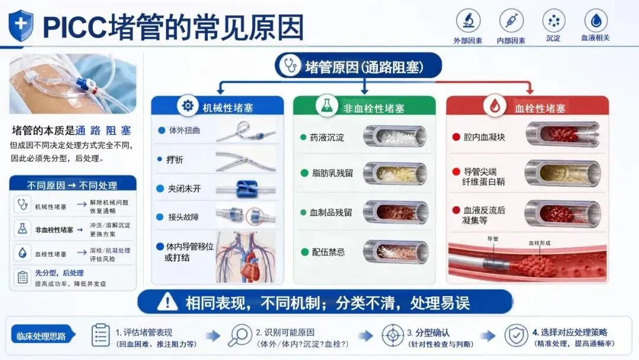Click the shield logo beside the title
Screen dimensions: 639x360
pos(21,25)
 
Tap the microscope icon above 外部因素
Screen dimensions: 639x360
pos(468,20)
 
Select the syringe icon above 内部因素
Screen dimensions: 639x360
pos(511,20)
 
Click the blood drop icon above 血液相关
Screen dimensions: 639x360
pos(596,20)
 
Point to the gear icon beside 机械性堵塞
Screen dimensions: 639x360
pos(188,106)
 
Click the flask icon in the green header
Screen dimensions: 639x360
pos(327,106)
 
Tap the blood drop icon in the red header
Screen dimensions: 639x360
pos(495,106)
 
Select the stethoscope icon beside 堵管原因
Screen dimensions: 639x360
pos(290,66)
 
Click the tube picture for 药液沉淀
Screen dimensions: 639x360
pos(395,136)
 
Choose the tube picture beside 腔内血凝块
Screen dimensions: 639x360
pos(563,134)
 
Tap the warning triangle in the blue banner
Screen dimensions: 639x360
pos(167,302)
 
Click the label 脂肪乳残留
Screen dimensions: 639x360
pos(332,173)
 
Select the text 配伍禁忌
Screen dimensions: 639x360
pos(328,252)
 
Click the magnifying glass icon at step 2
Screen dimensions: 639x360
pos(240,335)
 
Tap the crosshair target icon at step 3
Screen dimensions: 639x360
pos(392,335)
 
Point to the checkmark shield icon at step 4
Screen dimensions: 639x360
pos(516,335)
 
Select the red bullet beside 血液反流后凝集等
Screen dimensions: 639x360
pos(456,210)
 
